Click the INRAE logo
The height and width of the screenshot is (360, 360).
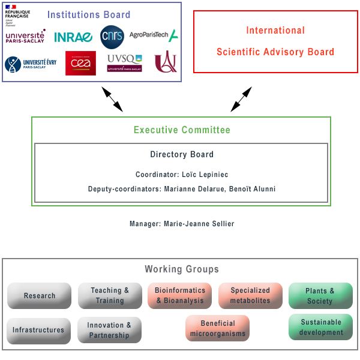pos(73,37)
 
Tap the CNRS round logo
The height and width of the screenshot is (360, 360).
pos(112,37)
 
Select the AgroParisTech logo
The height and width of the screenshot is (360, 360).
pos(154,35)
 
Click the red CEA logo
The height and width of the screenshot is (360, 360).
pos(80,63)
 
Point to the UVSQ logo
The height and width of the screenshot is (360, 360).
pos(124,62)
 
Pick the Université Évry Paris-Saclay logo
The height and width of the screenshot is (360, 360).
pos(30,64)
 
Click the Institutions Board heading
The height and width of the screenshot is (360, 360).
pos(88,14)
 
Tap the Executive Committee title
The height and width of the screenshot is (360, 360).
pos(181,130)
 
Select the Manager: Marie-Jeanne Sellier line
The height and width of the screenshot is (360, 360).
pos(181,224)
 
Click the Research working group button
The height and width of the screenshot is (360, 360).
pos(40,296)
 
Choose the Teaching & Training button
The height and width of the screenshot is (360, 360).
pos(110,296)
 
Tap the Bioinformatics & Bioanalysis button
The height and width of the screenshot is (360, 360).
pos(180,296)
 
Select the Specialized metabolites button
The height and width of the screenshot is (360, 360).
pos(250,296)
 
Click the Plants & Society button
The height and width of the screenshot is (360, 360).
pos(320,296)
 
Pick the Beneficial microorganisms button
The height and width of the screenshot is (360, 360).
pos(218,329)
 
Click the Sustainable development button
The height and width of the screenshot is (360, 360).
pos(321,327)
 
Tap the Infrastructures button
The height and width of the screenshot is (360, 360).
pos(38,330)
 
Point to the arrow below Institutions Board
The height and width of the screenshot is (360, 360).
pos(112,99)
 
